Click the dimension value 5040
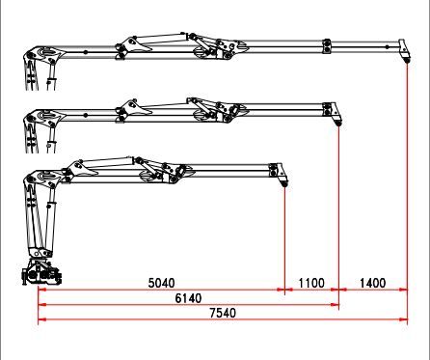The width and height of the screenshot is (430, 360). point(160,283)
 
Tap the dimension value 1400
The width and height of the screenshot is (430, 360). point(371,283)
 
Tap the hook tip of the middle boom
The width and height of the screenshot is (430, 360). point(337,121)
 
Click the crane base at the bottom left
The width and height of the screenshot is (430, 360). point(41,274)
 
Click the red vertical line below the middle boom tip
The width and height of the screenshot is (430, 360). point(338,212)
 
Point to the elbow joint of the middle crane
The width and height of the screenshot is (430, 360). point(41,118)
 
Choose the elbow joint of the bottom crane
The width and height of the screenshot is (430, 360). point(40,178)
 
